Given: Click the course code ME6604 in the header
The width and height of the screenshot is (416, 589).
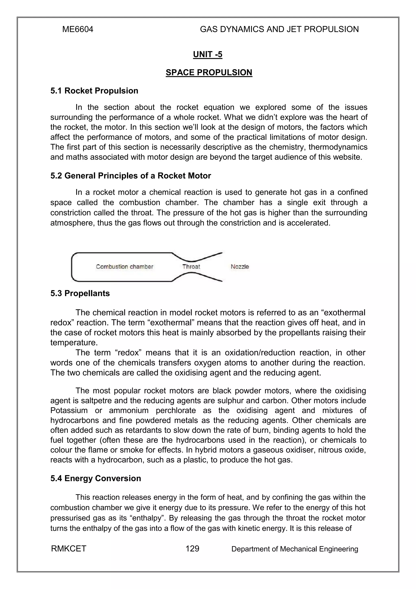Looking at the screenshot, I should [x=78, y=29].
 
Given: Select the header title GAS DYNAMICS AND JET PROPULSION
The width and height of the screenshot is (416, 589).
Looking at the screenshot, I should [x=279, y=29].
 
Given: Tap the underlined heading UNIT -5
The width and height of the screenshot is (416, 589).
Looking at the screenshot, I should [x=208, y=54].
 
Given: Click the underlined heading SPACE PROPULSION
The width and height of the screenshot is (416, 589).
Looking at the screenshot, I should [x=209, y=73].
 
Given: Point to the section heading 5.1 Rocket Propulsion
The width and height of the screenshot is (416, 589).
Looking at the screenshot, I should [x=94, y=91].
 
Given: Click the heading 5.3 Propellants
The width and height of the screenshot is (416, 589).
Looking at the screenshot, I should [x=80, y=293].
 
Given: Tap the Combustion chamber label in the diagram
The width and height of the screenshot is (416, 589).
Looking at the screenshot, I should [x=125, y=267].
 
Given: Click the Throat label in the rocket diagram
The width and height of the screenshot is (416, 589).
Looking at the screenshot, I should [x=191, y=267].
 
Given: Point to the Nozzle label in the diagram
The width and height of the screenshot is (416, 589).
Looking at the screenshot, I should [x=240, y=267].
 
